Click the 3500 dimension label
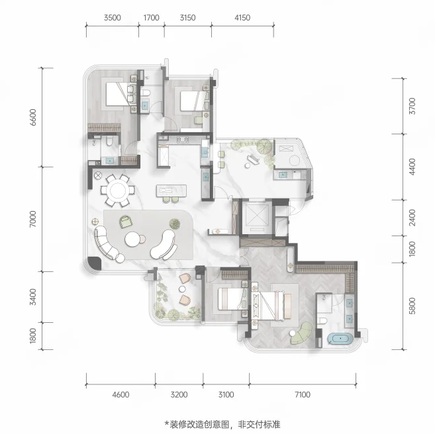[x=113, y=18]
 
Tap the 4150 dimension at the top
[x=242, y=18]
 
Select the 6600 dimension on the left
[x=32, y=117]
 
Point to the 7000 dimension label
[x=32, y=219]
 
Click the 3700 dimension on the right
[x=412, y=106]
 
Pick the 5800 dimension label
[x=412, y=306]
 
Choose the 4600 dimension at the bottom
[x=121, y=394]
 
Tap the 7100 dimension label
[x=303, y=394]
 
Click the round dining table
[x=118, y=191]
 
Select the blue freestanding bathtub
[x=340, y=339]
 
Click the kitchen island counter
[x=171, y=191]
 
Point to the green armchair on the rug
[x=126, y=222]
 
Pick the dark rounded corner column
[x=95, y=263]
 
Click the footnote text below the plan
[x=222, y=424]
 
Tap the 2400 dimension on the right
[x=412, y=218]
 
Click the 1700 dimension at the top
[x=151, y=18]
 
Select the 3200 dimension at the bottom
[x=179, y=394]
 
